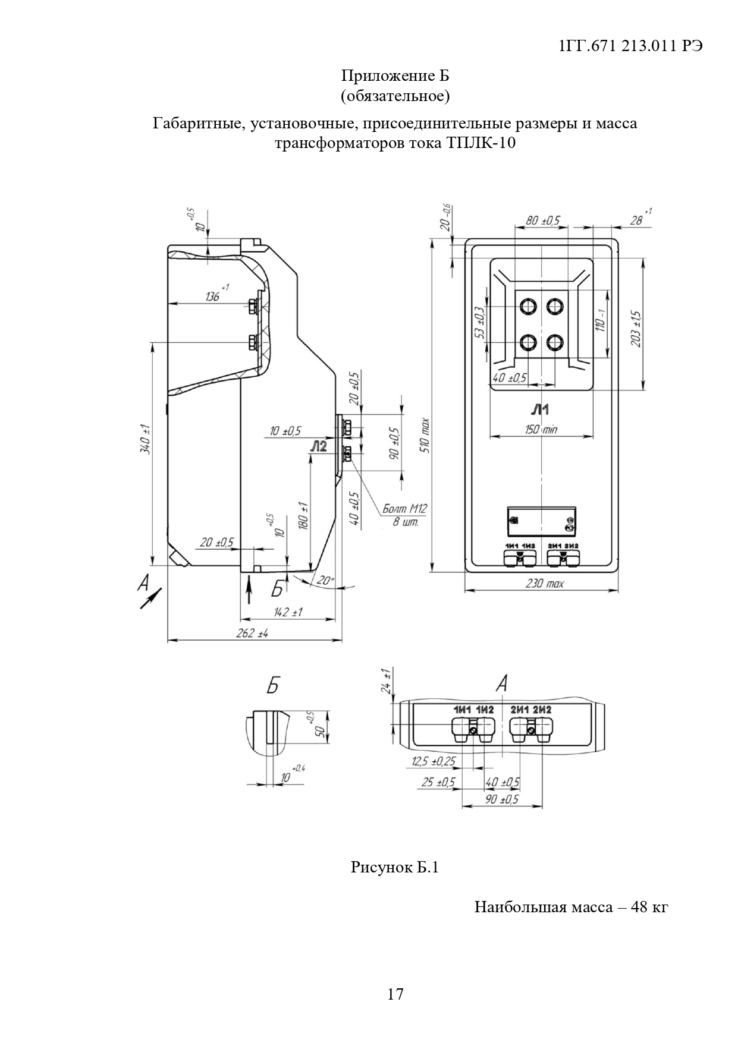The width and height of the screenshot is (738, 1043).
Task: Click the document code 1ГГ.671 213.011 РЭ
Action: coord(632,48)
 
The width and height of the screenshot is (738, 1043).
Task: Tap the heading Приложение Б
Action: coord(395,76)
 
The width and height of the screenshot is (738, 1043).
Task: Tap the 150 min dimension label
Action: coord(541,429)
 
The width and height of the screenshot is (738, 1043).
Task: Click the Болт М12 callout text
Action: coord(404,509)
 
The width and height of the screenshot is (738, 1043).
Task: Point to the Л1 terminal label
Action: coord(540,409)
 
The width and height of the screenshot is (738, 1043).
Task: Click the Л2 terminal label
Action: coord(319,447)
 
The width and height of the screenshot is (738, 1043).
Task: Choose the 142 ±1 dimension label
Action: coord(288,612)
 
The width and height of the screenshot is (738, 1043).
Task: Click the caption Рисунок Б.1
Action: coord(394,868)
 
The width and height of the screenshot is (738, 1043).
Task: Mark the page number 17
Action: coord(395,994)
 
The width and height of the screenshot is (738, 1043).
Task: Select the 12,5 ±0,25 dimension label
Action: coord(434,762)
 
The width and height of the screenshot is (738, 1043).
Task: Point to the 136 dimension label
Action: coord(213,295)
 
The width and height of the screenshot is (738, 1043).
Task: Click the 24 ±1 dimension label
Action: coord(387,681)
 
